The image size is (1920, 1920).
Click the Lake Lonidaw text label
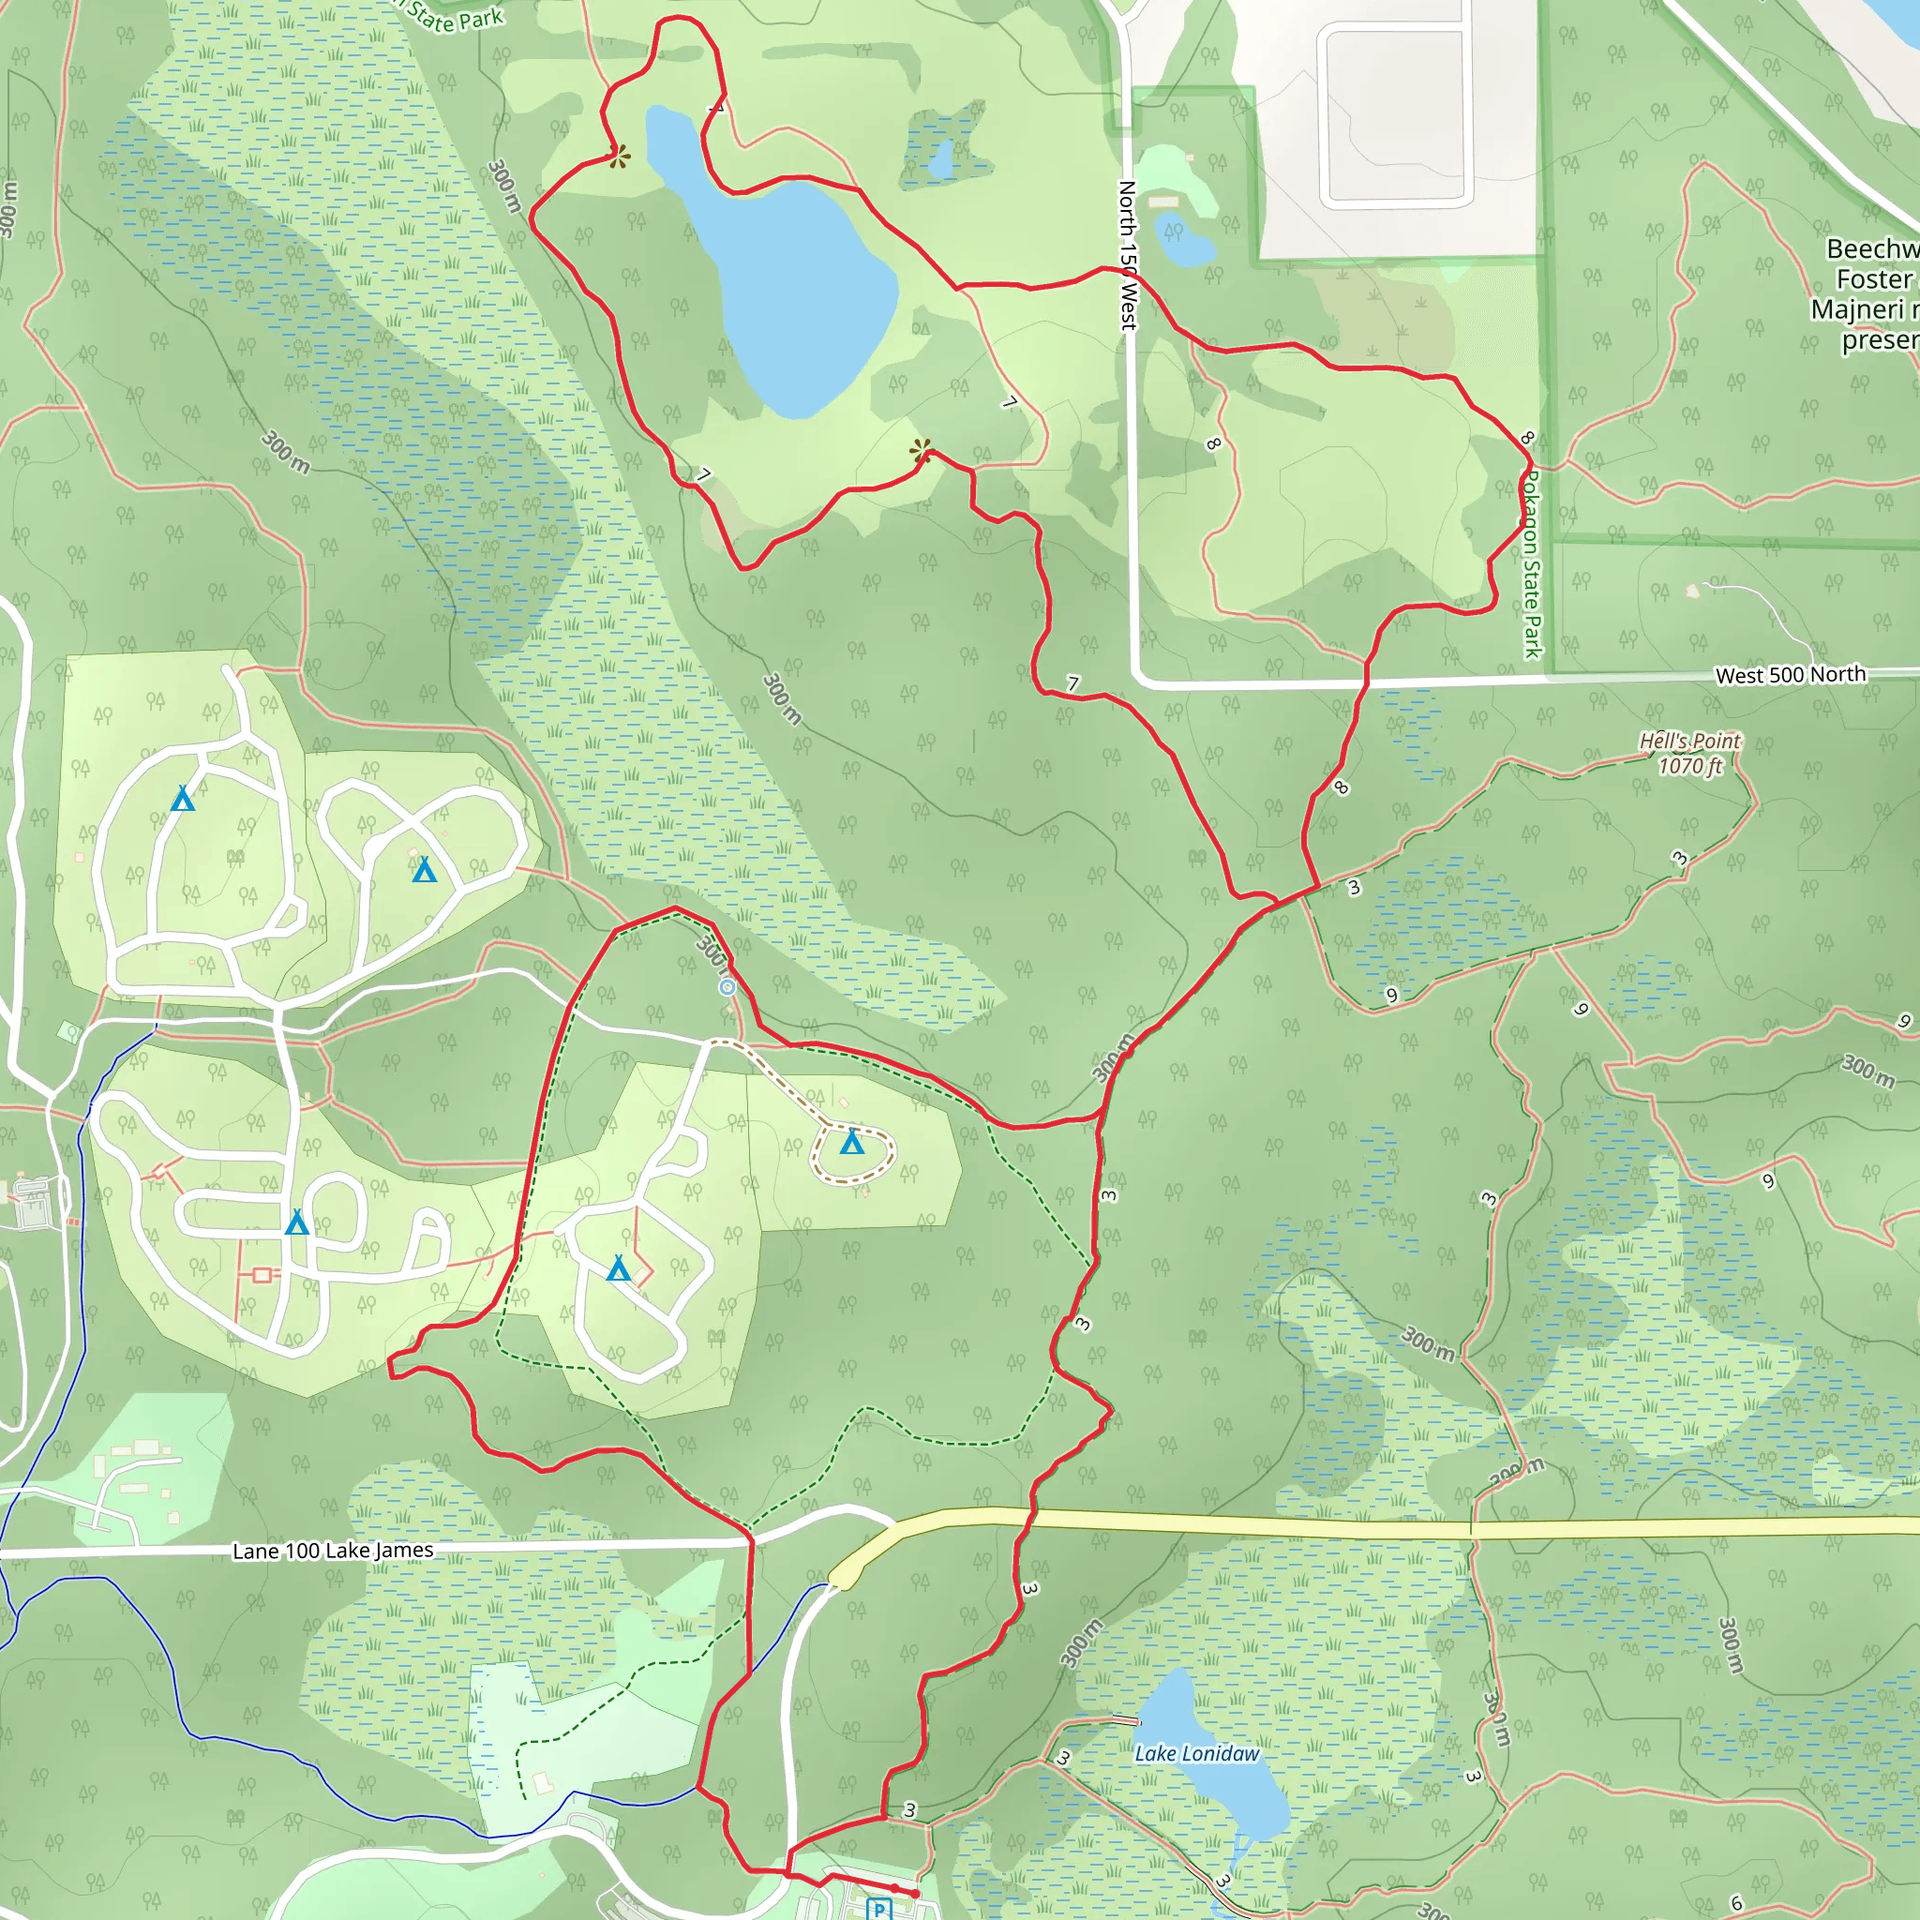tap(1196, 1754)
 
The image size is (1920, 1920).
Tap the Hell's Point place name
tap(1689, 741)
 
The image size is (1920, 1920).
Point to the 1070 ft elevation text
tap(1689, 765)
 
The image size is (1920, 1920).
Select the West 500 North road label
tap(1790, 675)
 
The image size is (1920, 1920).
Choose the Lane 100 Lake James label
tap(332, 1552)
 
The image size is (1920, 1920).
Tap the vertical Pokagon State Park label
tap(1532, 562)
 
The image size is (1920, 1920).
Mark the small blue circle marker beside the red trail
tap(727, 987)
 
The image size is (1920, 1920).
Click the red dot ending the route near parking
tap(915, 1894)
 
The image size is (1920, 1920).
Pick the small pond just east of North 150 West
tap(1182, 244)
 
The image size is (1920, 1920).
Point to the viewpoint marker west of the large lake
tap(618, 156)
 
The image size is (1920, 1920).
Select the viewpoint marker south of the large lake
tap(922, 452)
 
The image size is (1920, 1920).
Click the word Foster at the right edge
tap(1873, 279)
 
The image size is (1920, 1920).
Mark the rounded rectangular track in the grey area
tap(1395, 114)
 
